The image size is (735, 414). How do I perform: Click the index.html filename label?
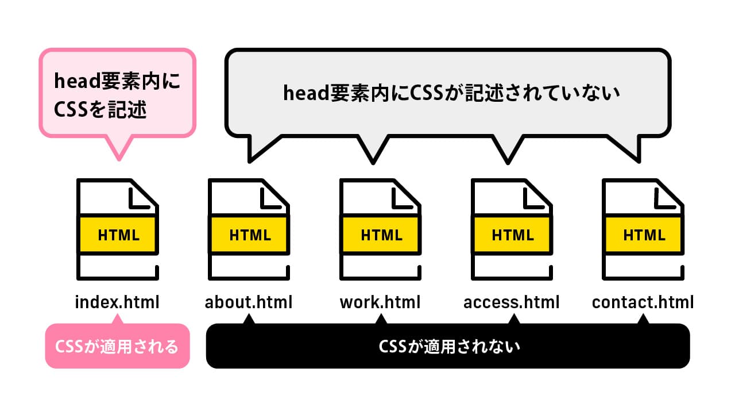(x=117, y=302)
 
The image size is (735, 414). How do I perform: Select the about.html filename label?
(x=249, y=302)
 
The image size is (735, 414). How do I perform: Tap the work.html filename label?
(x=380, y=302)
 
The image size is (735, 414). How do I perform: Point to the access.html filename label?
(x=511, y=302)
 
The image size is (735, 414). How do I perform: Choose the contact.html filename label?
(x=643, y=302)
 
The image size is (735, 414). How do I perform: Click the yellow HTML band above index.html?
(x=118, y=235)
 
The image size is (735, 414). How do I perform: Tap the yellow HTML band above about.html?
(x=249, y=235)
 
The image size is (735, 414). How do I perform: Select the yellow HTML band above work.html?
(x=381, y=235)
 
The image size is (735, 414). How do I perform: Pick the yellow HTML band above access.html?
(x=512, y=235)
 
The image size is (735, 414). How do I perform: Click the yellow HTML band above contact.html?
(x=643, y=235)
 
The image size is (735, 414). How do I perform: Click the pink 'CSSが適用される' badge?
(x=117, y=347)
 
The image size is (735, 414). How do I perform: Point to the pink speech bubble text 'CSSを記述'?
(x=100, y=109)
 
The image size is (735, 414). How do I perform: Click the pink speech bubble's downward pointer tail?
(x=119, y=148)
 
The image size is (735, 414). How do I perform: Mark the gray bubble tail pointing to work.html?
(x=373, y=151)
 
